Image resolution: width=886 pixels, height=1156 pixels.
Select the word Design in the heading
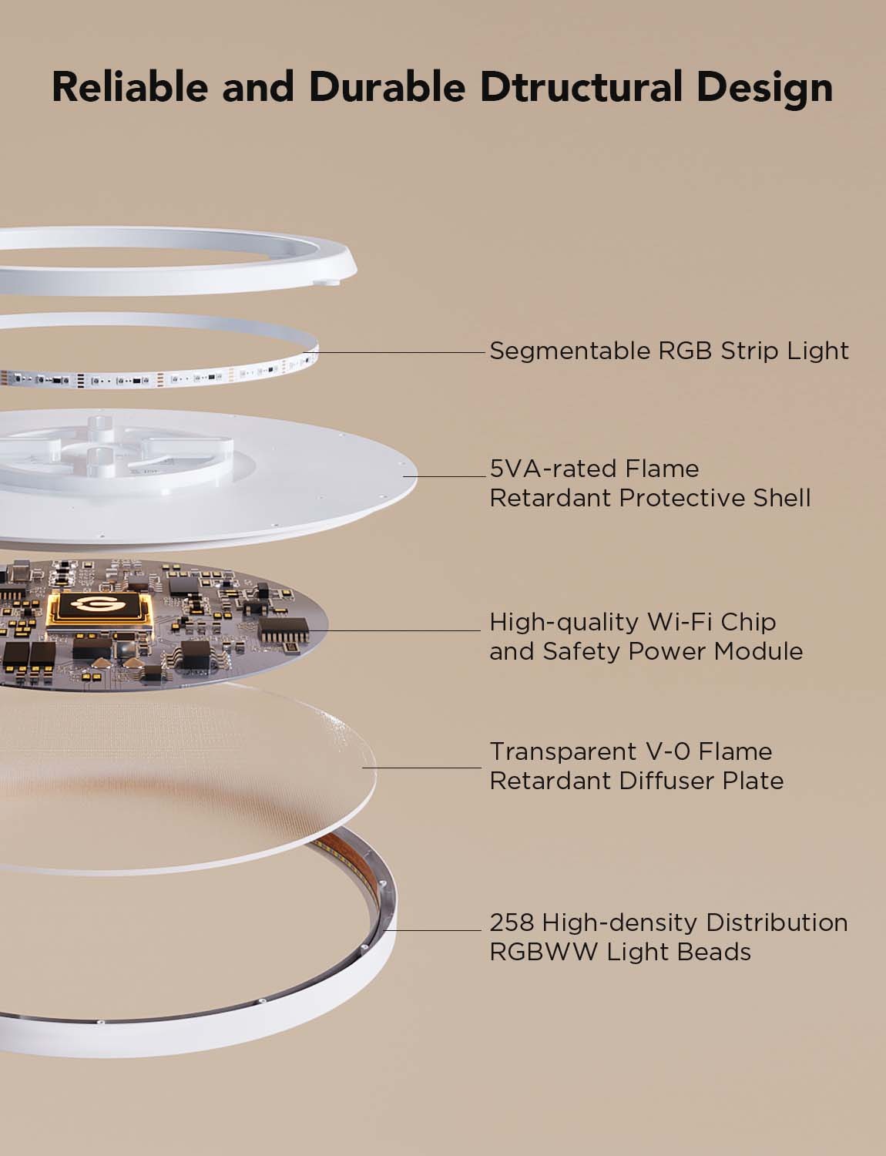pyautogui.click(x=764, y=88)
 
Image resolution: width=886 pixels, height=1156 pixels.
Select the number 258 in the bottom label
pyautogui.click(x=512, y=922)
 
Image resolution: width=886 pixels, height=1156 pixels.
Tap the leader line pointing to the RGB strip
pyautogui.click(x=401, y=352)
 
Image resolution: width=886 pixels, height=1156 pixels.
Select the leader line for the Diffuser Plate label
pyautogui.click(x=422, y=768)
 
